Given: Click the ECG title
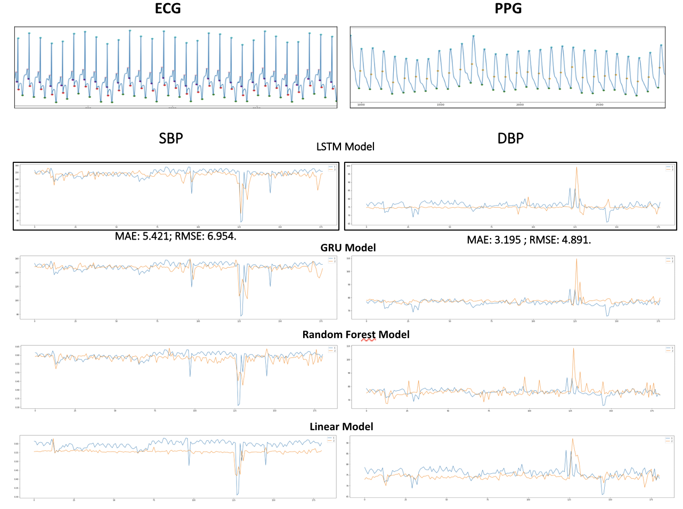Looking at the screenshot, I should (168, 9).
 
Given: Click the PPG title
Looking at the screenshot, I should (508, 9).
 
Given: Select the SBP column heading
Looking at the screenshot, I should (171, 138).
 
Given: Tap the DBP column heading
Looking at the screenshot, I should (510, 138).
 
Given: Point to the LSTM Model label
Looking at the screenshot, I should (345, 147).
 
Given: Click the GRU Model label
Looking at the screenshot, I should (348, 248).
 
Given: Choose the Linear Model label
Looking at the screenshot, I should (341, 426).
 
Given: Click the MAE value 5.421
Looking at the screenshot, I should (155, 236).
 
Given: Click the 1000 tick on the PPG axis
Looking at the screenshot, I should (361, 105).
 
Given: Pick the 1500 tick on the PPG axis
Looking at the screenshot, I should (441, 105).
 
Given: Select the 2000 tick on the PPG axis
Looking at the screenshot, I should (520, 105).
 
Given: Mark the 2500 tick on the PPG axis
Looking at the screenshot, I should (599, 105).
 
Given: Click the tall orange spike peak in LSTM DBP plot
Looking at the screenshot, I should (576, 168).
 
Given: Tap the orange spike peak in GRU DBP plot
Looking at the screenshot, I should (576, 259).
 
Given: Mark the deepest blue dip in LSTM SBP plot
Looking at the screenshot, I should (241, 221).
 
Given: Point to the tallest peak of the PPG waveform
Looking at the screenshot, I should (473, 36).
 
